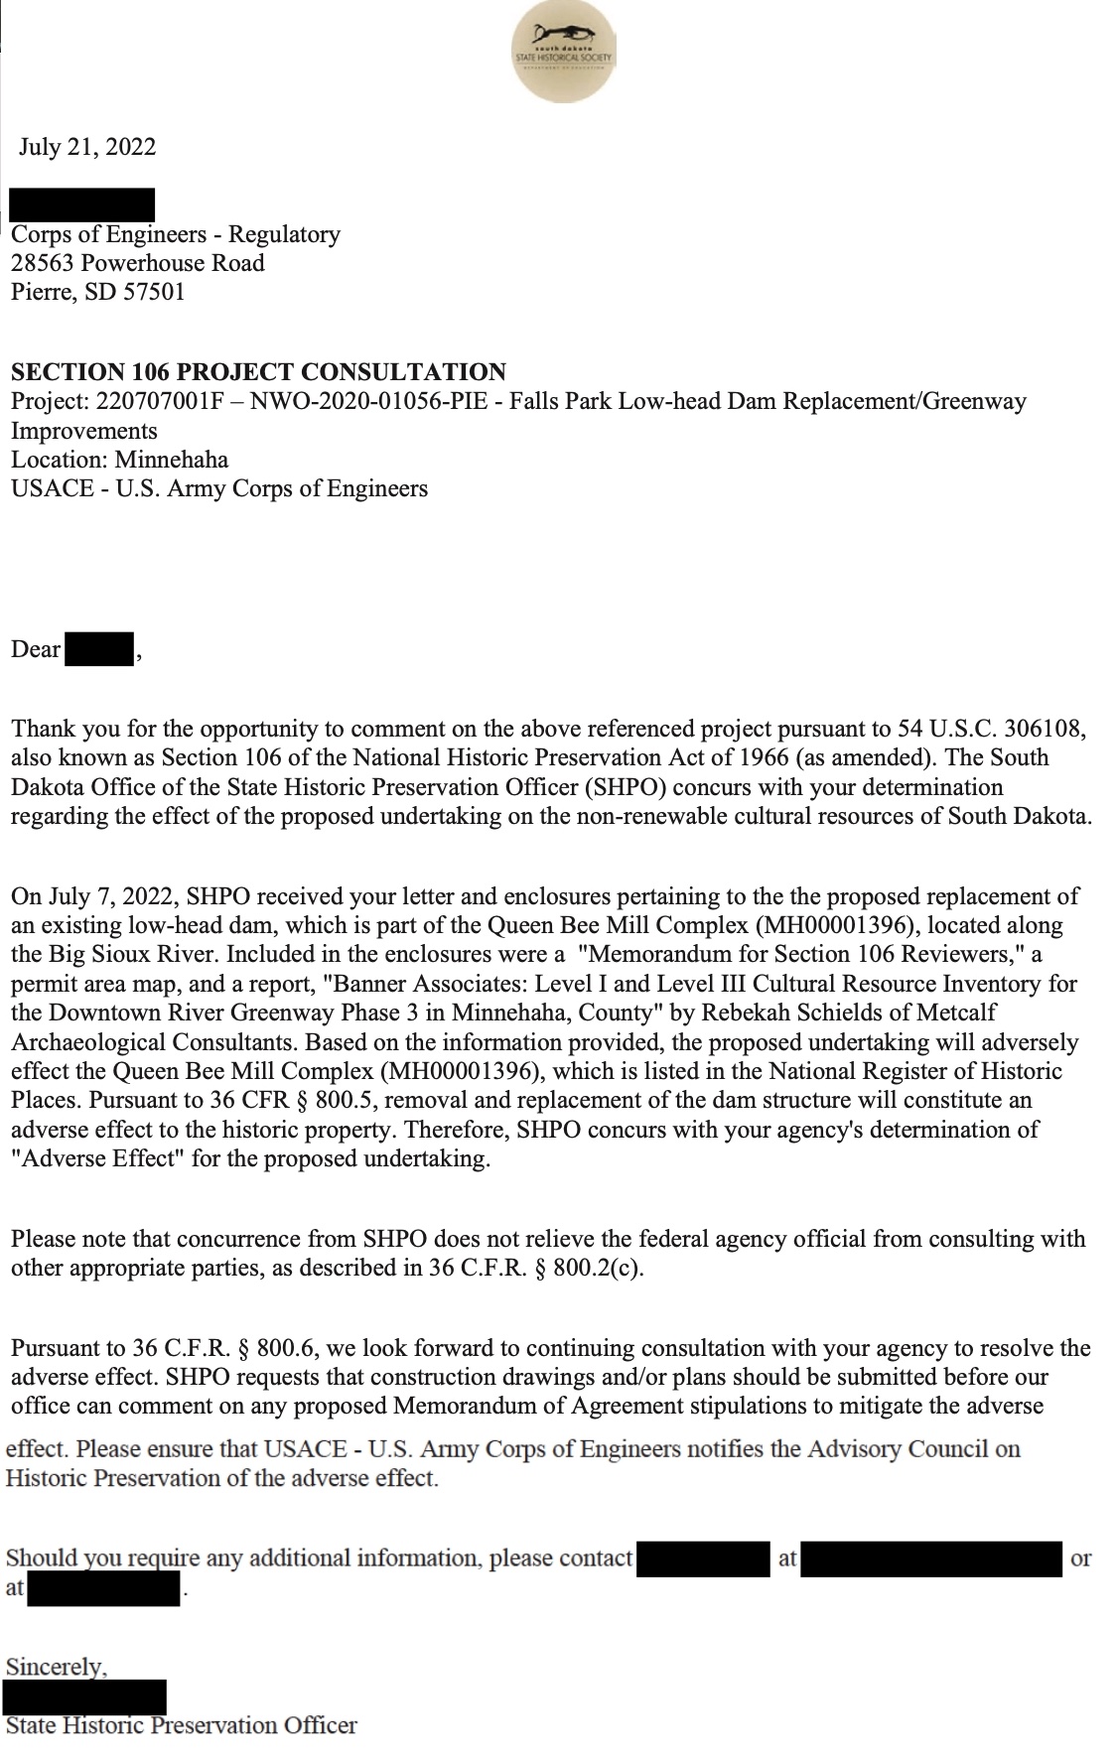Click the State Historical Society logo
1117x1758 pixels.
coord(564,52)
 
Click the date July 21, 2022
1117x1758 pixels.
coord(87,147)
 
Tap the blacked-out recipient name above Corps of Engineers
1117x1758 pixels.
coord(81,204)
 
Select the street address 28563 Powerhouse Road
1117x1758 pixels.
coord(138,263)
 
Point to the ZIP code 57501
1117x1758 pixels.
coord(154,292)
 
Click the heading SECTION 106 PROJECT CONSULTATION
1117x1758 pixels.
coord(258,372)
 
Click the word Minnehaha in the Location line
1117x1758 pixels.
coord(172,460)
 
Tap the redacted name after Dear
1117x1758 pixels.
coord(99,650)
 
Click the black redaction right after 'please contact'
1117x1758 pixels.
coord(703,1558)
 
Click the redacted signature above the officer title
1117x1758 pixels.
coord(84,1696)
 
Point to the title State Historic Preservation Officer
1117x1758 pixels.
coord(182,1725)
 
